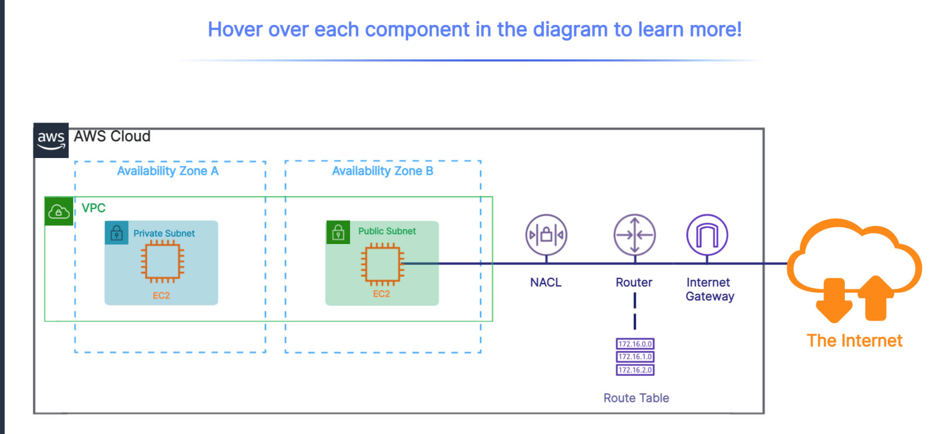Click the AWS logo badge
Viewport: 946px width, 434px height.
tap(51, 140)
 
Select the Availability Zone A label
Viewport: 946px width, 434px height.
tap(167, 171)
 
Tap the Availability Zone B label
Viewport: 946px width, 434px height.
tap(383, 171)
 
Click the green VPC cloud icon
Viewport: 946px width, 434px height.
tap(59, 211)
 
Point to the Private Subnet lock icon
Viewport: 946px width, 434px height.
tap(116, 233)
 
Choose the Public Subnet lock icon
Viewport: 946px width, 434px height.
tap(338, 232)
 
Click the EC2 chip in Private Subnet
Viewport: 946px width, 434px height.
tap(162, 261)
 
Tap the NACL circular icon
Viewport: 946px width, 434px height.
tap(546, 235)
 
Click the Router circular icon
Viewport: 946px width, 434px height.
tap(634, 235)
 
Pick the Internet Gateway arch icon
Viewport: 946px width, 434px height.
tap(707, 235)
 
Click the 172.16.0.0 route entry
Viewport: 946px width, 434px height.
tap(635, 344)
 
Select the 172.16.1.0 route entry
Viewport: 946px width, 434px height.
tap(635, 357)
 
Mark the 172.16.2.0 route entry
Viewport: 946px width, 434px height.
tap(635, 370)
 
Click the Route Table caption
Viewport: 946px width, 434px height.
tap(636, 398)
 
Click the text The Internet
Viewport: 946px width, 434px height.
tap(854, 340)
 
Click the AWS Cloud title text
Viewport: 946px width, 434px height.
tap(112, 137)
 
